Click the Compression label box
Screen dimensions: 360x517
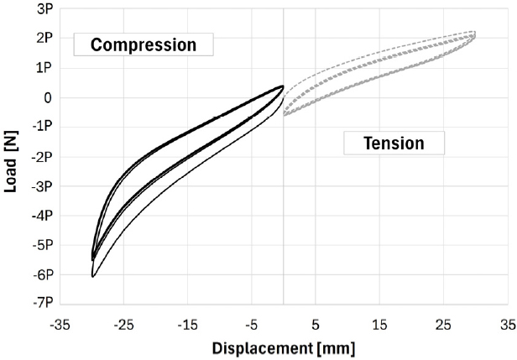(143, 44)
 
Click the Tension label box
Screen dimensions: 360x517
(394, 143)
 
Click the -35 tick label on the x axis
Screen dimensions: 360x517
(60, 322)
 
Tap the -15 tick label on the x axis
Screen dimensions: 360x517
(187, 322)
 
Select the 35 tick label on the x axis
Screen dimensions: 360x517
(507, 322)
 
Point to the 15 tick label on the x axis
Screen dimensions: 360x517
(379, 322)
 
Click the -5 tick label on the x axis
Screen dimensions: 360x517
(251, 322)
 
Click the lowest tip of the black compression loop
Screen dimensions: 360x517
(93, 276)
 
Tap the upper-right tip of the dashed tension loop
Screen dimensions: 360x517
(474, 33)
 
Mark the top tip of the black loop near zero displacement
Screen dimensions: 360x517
(282, 86)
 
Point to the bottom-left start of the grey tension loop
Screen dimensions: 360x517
(285, 115)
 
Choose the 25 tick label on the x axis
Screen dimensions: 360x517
(443, 322)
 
